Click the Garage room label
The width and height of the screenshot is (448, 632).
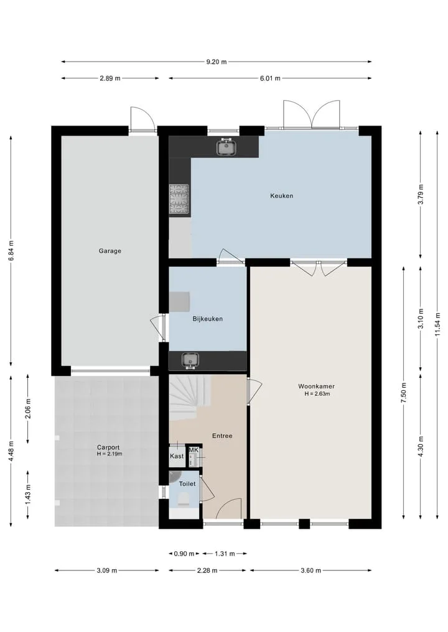pos(110,250)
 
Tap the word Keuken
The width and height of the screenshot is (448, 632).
pos(282,196)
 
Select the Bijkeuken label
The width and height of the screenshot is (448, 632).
pos(207,319)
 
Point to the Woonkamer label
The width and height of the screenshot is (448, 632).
pos(317,386)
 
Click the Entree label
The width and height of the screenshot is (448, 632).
pos(222,436)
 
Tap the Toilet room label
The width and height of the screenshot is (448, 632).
pos(187,483)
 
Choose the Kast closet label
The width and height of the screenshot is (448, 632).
pos(177,456)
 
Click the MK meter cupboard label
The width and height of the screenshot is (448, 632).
pos(194,450)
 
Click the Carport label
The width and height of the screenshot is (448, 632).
pos(108,447)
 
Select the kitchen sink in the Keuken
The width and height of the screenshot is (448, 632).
pos(226,147)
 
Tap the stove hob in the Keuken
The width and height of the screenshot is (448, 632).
pos(179,199)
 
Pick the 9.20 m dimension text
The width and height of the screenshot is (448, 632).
pos(217,62)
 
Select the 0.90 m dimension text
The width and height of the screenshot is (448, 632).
pos(184,554)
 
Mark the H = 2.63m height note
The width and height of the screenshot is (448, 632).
pos(317,394)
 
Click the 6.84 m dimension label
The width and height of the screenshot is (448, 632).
pos(11,250)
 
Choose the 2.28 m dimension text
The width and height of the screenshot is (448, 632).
pos(207,570)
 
